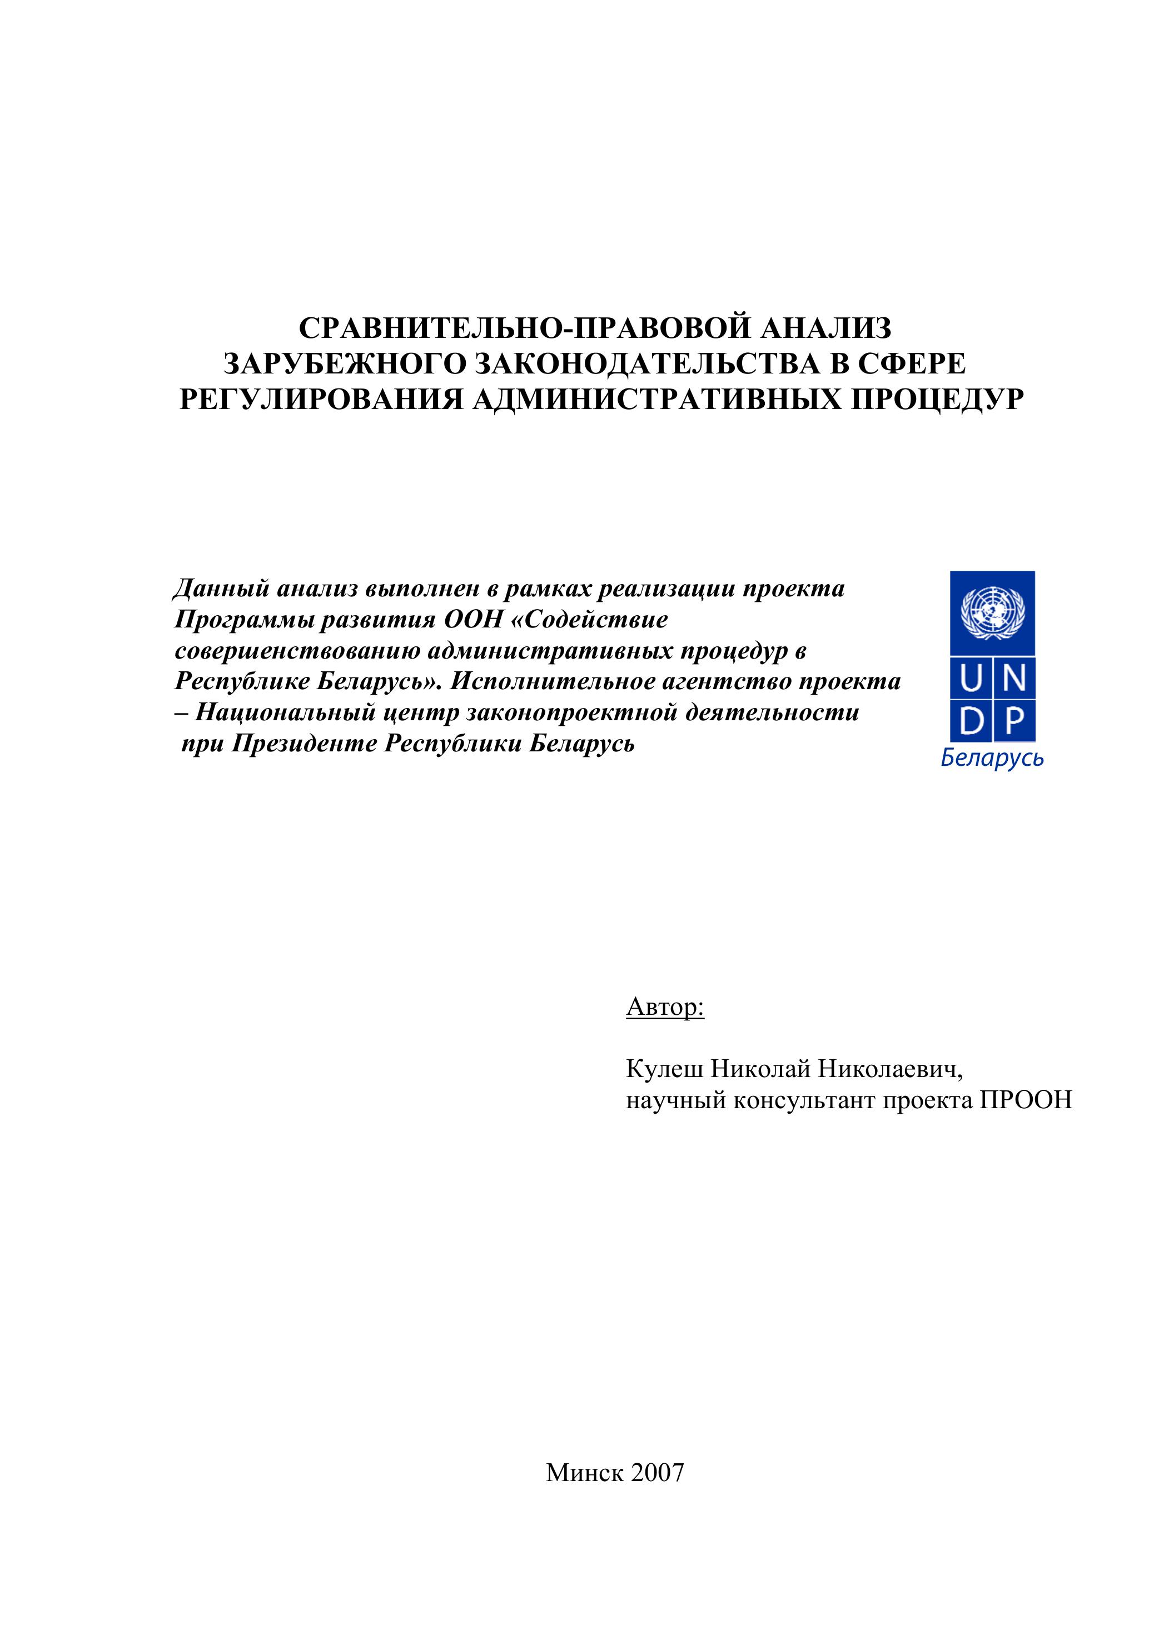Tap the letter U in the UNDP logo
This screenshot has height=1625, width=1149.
pos(971,680)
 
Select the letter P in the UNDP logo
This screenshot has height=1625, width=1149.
pos(1014,721)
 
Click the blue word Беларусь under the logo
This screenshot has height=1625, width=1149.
pos(992,759)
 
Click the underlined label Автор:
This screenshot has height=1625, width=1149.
pos(665,1006)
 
